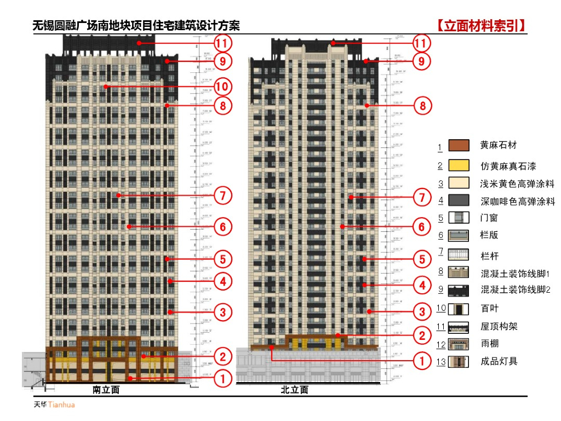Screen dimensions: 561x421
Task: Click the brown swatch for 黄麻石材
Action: [459, 145]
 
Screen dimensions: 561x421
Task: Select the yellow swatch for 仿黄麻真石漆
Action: [459, 165]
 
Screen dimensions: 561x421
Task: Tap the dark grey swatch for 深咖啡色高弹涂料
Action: [459, 201]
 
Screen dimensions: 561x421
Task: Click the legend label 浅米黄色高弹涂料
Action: [517, 183]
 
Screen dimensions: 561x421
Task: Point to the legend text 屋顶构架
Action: [499, 327]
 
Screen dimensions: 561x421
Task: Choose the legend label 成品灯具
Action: [499, 361]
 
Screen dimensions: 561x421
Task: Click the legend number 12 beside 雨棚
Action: [441, 344]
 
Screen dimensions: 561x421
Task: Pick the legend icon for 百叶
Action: [459, 309]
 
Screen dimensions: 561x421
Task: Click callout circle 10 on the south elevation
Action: [222, 86]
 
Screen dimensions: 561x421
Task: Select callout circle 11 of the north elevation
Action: [421, 43]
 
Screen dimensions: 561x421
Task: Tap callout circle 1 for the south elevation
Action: [222, 378]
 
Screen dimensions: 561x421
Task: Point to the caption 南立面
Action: [106, 390]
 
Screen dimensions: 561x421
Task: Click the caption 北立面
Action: [294, 390]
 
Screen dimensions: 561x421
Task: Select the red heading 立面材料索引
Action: [482, 26]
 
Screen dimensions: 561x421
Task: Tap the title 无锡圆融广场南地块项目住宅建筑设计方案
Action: [136, 26]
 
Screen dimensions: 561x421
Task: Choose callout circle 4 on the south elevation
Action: [222, 282]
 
